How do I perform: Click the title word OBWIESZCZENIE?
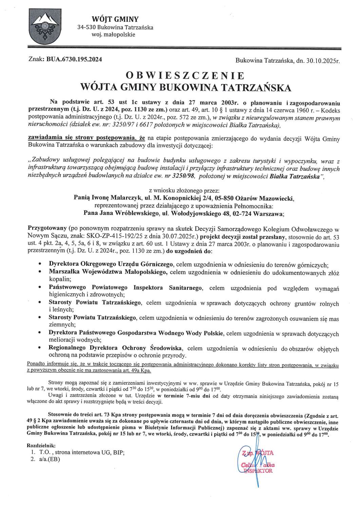click(x=185, y=75)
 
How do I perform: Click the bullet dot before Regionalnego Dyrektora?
click(x=41, y=348)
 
